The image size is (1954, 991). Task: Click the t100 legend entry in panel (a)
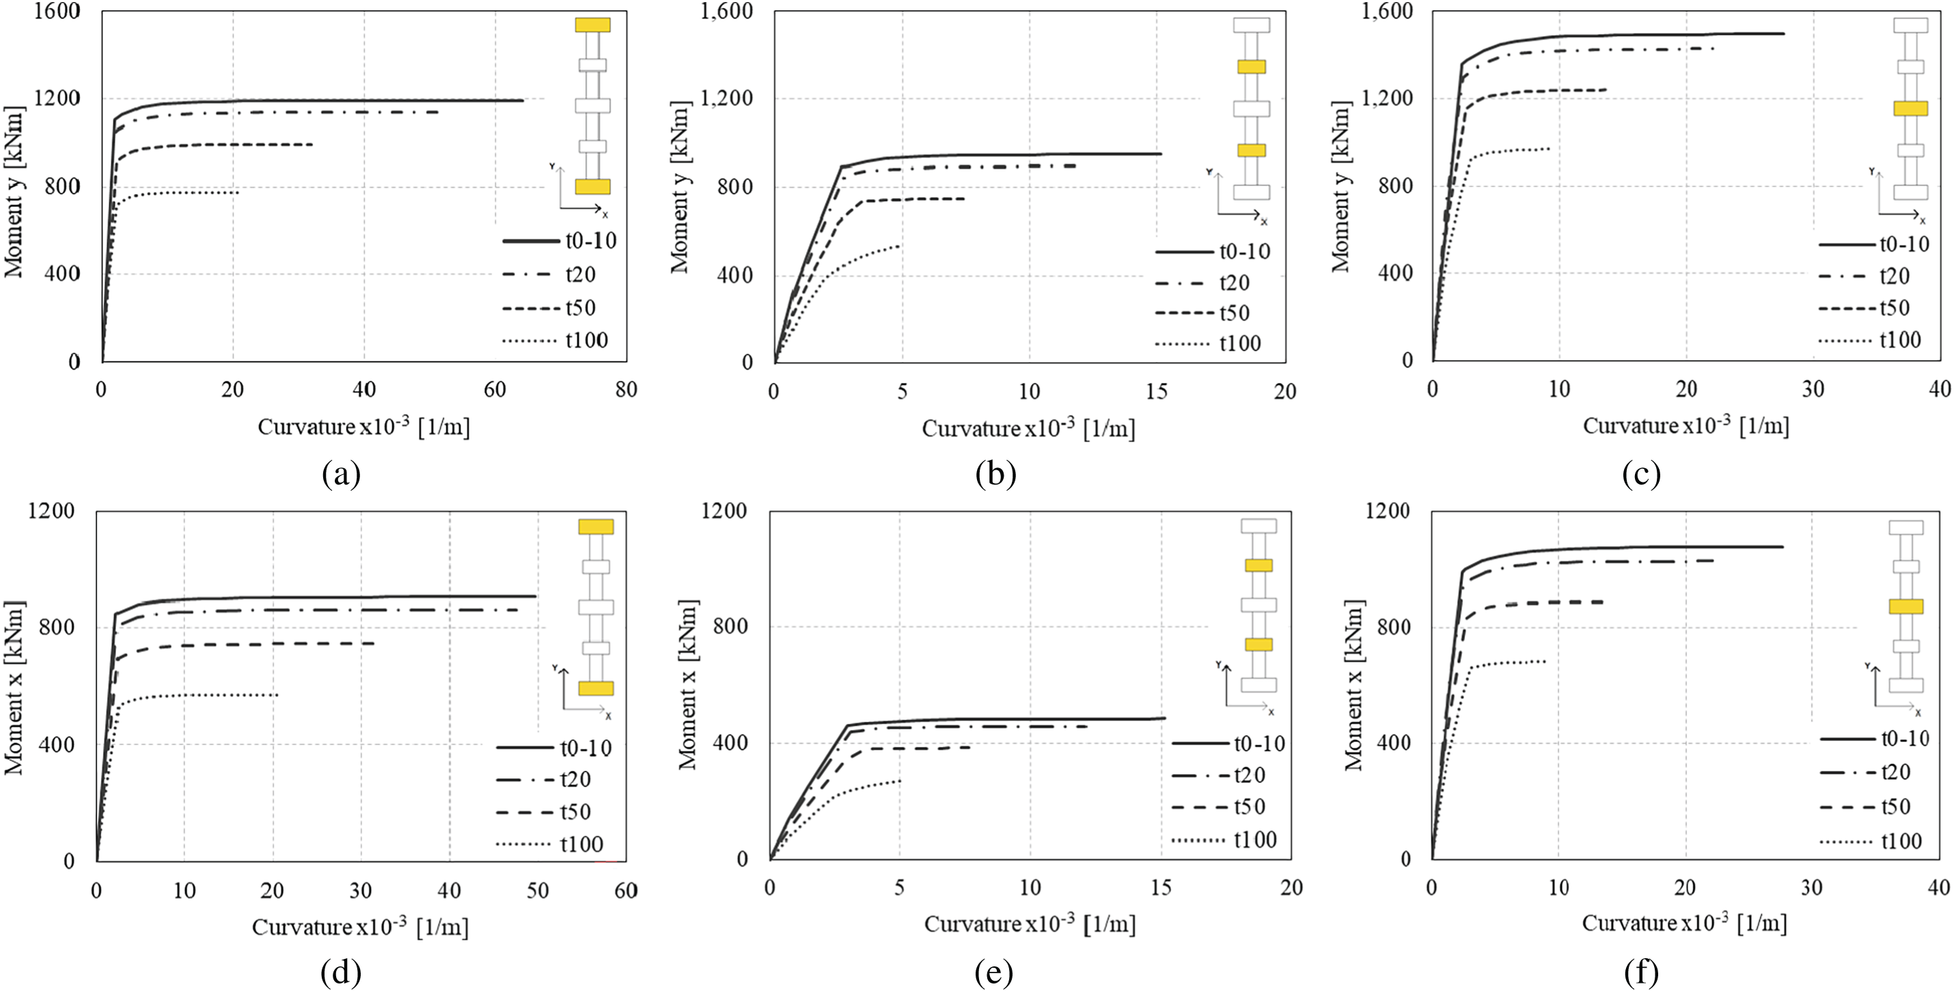[x=586, y=340]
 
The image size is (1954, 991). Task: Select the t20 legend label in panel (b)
[x=1234, y=283]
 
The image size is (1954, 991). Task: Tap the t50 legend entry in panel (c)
[x=1894, y=308]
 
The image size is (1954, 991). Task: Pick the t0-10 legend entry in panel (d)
[x=586, y=748]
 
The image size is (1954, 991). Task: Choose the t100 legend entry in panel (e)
[x=1255, y=840]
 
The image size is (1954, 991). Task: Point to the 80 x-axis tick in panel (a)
[x=626, y=390]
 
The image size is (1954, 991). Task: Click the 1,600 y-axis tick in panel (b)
[x=727, y=11]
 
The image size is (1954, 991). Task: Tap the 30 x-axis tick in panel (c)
[x=1813, y=390]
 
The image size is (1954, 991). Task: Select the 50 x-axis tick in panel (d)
[x=537, y=890]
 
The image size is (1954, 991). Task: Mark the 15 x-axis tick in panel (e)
[x=1160, y=888]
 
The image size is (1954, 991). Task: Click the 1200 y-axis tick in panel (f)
[x=1388, y=511]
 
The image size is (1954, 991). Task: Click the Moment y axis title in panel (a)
[x=14, y=191]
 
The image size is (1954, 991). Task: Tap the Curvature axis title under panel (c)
[x=1685, y=426]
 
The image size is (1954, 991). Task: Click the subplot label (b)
[x=995, y=474]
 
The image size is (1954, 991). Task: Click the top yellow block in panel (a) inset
[x=592, y=25]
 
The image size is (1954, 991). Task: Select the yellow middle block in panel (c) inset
[x=1910, y=109]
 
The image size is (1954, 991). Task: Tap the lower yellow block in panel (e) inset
[x=1258, y=645]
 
